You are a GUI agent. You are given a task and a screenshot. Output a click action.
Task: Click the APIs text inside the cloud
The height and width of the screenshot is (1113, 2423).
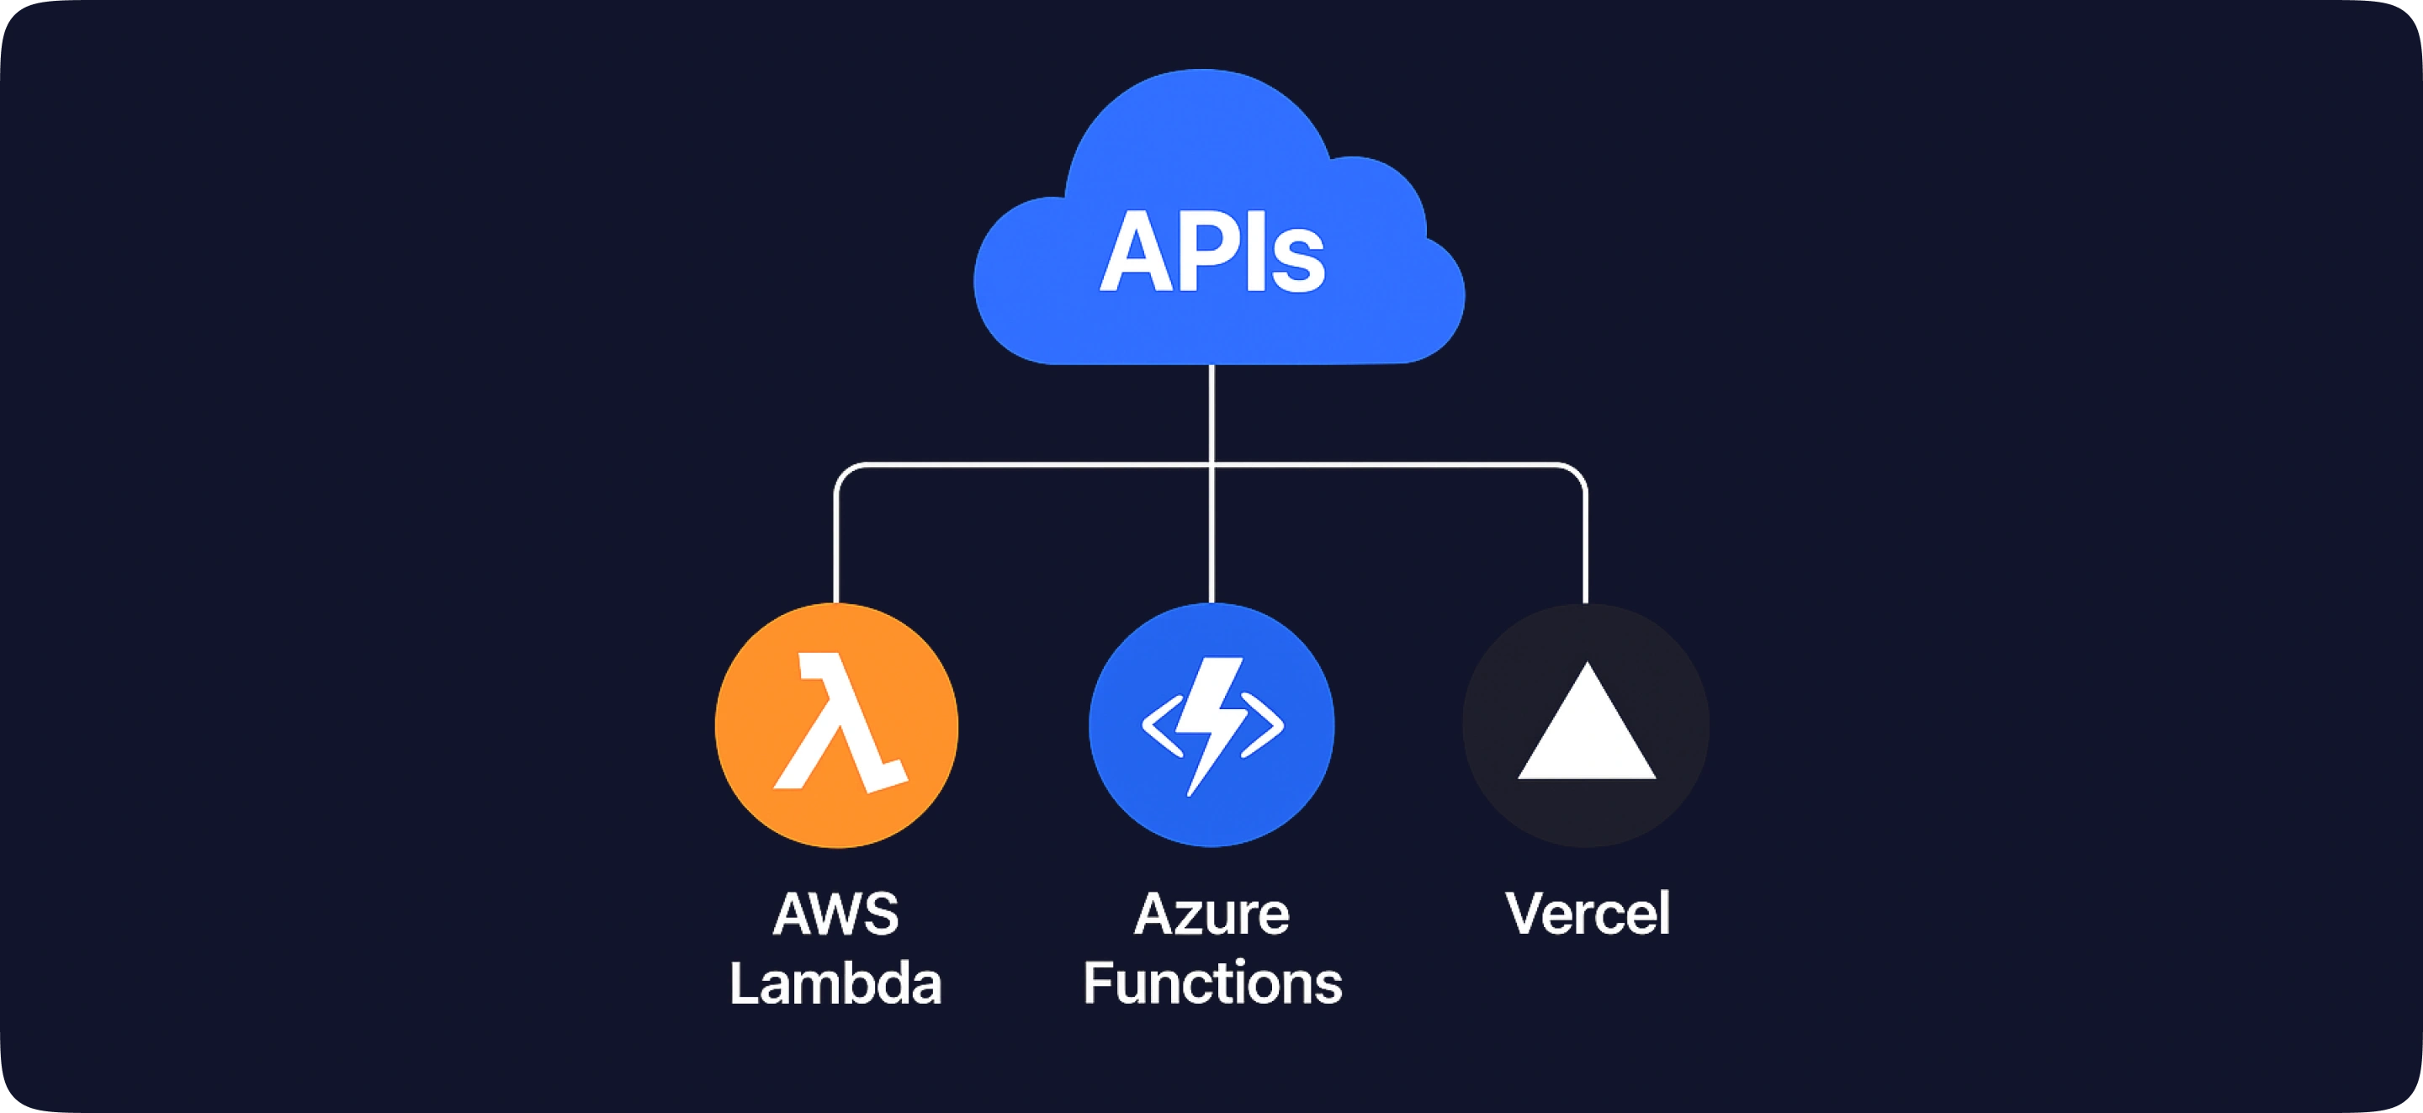[1211, 252]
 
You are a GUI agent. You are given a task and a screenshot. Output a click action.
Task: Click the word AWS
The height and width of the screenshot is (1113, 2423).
[835, 914]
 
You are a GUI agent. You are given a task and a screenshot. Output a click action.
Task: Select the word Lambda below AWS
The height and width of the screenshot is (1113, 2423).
[835, 983]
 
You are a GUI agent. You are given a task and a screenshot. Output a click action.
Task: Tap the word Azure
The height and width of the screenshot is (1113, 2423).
[1211, 914]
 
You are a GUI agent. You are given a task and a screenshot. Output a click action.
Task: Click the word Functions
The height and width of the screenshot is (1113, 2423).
[1211, 983]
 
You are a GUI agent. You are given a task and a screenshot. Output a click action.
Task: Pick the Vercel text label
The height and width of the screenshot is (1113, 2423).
[1587, 914]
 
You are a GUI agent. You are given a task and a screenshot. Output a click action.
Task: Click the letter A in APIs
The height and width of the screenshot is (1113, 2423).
[1134, 252]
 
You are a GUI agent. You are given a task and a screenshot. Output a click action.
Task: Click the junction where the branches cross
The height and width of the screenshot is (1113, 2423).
[1211, 464]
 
